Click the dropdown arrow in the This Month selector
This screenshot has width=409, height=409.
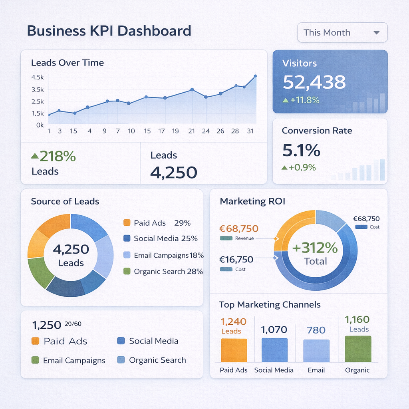click(376, 33)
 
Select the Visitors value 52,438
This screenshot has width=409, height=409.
click(314, 82)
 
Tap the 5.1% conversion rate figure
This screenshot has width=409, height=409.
click(301, 151)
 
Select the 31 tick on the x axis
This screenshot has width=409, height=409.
click(250, 131)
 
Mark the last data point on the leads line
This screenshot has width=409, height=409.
click(255, 76)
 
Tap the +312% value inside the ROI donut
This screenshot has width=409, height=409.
click(315, 248)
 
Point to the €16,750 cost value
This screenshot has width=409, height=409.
click(236, 260)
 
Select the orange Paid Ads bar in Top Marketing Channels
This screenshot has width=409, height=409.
click(234, 350)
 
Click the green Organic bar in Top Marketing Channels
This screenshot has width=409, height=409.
click(358, 349)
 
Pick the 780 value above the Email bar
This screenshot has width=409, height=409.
click(316, 330)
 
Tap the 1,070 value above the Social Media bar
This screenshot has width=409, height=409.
click(274, 330)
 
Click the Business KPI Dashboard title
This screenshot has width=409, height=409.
click(109, 31)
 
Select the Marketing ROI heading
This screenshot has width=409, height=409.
click(252, 201)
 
